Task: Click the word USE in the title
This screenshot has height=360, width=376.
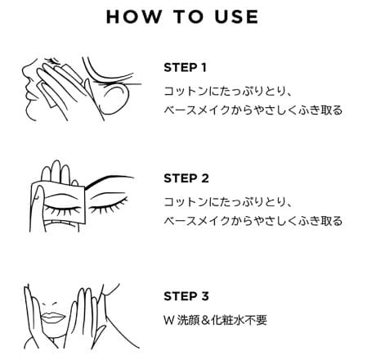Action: [236, 17]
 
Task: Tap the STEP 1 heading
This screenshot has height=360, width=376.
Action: [185, 68]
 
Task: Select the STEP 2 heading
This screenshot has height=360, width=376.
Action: [186, 178]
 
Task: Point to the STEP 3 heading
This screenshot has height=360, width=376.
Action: [186, 296]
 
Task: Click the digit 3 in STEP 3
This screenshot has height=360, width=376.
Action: [205, 296]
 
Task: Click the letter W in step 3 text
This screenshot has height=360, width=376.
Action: [169, 320]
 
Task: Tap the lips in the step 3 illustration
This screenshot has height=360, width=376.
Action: [53, 317]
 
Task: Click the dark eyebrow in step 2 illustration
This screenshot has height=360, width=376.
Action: [109, 179]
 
